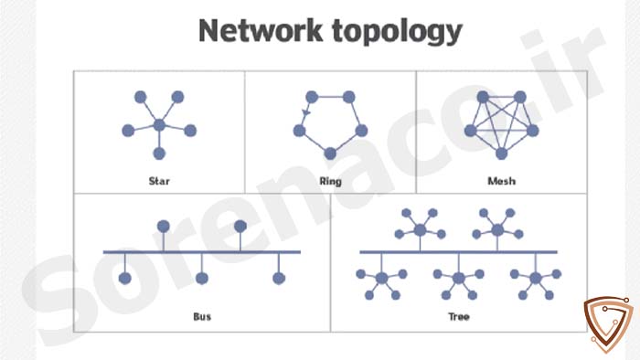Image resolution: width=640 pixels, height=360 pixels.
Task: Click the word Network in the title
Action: click(x=261, y=30)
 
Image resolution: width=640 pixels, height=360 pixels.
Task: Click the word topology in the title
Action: click(x=397, y=33)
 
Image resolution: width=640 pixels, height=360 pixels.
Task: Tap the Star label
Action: click(x=159, y=181)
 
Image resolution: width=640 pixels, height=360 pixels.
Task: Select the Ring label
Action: click(x=330, y=182)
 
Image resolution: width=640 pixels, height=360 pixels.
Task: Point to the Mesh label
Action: click(x=502, y=181)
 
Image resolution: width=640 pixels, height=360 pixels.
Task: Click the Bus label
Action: click(x=202, y=317)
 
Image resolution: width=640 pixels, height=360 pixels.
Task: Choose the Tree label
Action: click(x=459, y=317)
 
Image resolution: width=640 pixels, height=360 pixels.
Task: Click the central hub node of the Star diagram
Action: click(x=159, y=125)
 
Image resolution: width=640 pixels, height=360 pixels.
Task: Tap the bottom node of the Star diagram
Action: click(x=159, y=154)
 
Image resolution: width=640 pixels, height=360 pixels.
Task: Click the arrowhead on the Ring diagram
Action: click(x=306, y=112)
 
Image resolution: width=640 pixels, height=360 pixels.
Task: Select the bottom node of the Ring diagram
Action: click(x=330, y=154)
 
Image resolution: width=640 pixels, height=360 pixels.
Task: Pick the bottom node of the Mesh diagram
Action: click(x=502, y=154)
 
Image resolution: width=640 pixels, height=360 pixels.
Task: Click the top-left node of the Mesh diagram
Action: click(x=483, y=97)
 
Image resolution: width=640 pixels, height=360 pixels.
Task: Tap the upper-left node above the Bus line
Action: click(x=164, y=227)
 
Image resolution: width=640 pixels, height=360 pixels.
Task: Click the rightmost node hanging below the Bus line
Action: click(x=279, y=279)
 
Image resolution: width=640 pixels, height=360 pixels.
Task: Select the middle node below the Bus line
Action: click(x=202, y=279)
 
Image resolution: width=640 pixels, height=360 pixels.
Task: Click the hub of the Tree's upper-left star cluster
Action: click(x=420, y=230)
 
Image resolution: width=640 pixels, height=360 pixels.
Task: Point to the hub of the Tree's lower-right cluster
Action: click(x=536, y=279)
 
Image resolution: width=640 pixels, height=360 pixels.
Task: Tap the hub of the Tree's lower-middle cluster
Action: click(x=459, y=279)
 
